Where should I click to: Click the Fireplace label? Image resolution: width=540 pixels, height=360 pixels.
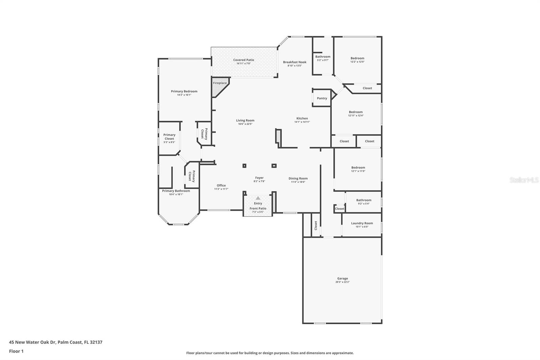pos(220,83)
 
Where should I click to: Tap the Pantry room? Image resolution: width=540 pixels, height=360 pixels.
pos(322,98)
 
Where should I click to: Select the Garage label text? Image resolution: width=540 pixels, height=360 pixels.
pos(342,279)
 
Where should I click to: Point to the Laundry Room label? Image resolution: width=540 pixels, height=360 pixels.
pos(362,223)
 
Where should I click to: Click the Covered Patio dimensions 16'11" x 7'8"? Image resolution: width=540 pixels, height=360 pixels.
pos(243,63)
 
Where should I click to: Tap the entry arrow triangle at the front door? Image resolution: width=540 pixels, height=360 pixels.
pos(258,198)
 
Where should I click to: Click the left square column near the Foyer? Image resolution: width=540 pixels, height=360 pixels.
pos(244,166)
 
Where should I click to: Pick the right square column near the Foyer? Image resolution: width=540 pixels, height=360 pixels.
pos(274,166)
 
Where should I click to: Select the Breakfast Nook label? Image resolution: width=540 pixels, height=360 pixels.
pos(295,62)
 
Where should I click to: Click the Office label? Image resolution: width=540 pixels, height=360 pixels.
pos(221,185)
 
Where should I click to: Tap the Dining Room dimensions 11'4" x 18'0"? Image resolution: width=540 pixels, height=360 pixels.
pos(298,182)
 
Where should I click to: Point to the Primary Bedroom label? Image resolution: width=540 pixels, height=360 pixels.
pos(184,91)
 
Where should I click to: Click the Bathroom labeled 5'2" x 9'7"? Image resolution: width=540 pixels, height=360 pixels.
pos(323,58)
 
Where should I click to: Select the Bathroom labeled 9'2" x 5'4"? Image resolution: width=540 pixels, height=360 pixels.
pos(363,202)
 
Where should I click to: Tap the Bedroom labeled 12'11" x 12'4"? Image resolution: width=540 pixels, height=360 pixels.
pos(356,113)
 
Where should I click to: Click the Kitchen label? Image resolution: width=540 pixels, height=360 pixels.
pos(302,119)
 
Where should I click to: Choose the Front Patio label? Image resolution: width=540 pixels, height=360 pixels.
pos(258,208)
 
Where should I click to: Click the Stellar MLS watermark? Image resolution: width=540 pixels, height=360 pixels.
pos(524,180)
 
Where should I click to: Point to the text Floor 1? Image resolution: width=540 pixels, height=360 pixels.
pos(16,351)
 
